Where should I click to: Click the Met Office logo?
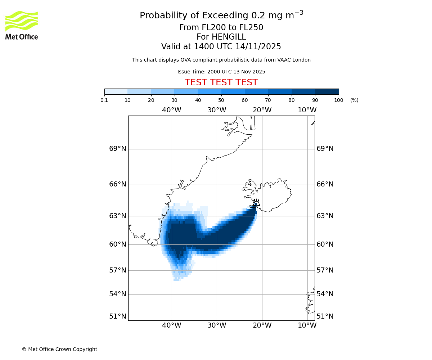pyautogui.click(x=22, y=25)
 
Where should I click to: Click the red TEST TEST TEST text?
pyautogui.click(x=221, y=82)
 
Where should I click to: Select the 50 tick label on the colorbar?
pyautogui.click(x=221, y=100)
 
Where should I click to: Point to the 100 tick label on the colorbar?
pyautogui.click(x=338, y=100)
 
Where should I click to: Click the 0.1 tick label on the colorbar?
pyautogui.click(x=104, y=100)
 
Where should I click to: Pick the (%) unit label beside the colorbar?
pyautogui.click(x=354, y=100)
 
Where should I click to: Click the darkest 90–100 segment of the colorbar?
pyautogui.click(x=327, y=91)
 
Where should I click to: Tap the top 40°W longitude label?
pyautogui.click(x=171, y=110)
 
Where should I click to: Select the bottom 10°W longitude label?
pyautogui.click(x=307, y=325)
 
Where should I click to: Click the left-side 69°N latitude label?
pyautogui.click(x=118, y=149)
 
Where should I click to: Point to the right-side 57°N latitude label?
pyautogui.click(x=325, y=270)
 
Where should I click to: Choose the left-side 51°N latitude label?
pyautogui.click(x=118, y=316)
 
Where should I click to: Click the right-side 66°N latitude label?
pyautogui.click(x=325, y=184)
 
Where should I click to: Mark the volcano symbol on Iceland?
pyautogui.click(x=256, y=202)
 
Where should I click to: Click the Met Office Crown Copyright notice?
pyautogui.click(x=59, y=349)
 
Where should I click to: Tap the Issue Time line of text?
pyautogui.click(x=221, y=72)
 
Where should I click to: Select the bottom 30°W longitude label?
pyautogui.click(x=217, y=325)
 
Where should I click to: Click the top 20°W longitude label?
pyautogui.click(x=262, y=110)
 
